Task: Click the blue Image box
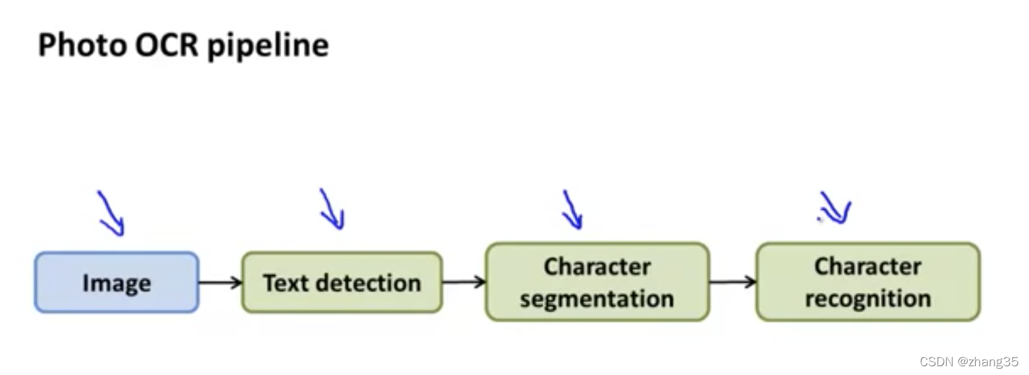click(x=117, y=283)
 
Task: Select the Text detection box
click(x=342, y=283)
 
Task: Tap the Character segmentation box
click(x=597, y=282)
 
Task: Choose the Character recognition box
click(x=867, y=282)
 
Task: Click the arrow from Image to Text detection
click(x=220, y=283)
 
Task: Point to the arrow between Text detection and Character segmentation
click(x=464, y=282)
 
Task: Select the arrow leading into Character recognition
click(x=733, y=281)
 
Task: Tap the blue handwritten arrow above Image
click(x=112, y=213)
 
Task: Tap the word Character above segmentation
click(x=597, y=267)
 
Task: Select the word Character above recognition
click(x=868, y=266)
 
